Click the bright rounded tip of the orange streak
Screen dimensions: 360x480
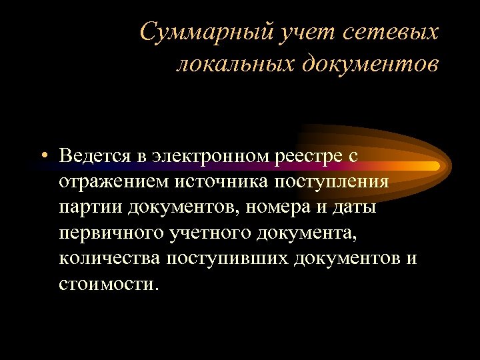point(434,164)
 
